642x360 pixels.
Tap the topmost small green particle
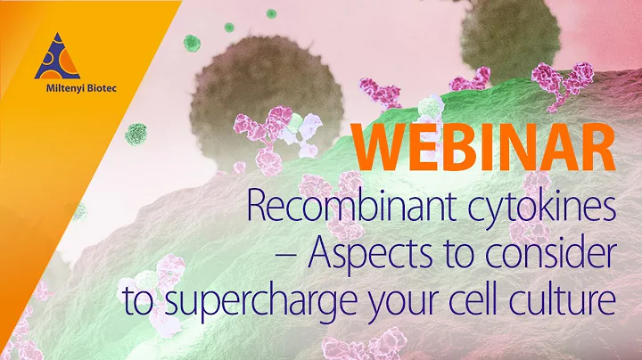[270, 13]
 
